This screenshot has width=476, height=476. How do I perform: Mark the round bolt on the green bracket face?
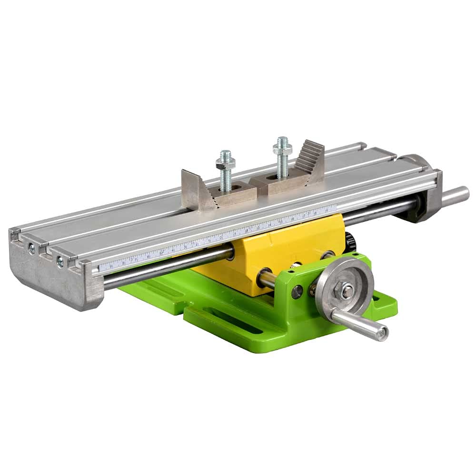pos(297,292)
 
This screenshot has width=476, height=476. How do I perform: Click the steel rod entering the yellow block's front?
pos(268,279)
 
